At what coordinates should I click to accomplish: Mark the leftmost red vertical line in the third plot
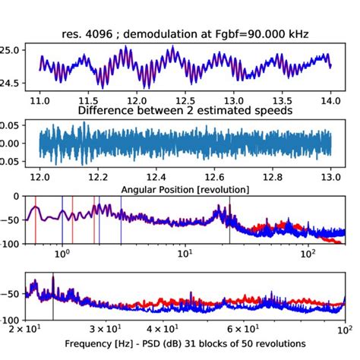(x=35, y=220)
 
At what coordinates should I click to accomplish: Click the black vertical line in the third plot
(x=229, y=220)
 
